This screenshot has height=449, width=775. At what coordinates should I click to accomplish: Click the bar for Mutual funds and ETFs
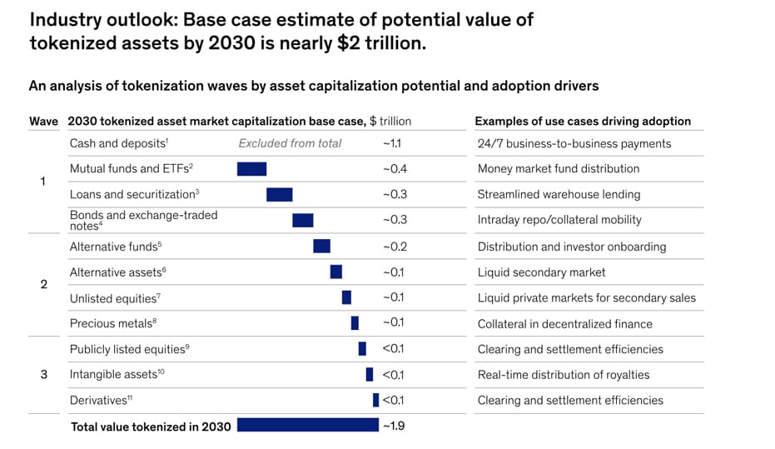251,169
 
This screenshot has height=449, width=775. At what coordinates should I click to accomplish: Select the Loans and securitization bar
279,194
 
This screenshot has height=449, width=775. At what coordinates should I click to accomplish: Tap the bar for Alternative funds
321,247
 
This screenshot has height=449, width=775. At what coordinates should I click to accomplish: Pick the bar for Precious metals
355,323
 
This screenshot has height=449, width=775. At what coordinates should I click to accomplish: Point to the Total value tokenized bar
307,425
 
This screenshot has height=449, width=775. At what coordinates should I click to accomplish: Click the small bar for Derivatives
375,400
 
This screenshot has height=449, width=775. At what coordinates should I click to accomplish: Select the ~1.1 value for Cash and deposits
393,143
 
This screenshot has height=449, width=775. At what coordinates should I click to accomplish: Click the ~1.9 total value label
393,426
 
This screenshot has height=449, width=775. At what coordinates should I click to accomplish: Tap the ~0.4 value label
395,169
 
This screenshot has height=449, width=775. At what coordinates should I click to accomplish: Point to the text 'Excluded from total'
290,143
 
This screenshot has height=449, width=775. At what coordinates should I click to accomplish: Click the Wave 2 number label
44,285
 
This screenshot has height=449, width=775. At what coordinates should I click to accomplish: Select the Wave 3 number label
44,375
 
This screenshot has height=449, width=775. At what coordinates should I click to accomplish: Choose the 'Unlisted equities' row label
113,298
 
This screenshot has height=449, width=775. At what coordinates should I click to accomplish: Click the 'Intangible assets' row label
117,374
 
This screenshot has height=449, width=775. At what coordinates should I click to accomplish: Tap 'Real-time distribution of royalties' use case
564,375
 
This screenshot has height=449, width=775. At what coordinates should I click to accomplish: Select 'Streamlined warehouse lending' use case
559,194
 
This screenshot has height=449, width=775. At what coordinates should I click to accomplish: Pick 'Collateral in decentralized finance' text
564,323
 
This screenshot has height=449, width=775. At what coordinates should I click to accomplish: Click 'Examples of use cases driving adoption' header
583,121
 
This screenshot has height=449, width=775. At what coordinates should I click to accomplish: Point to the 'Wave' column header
43,122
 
